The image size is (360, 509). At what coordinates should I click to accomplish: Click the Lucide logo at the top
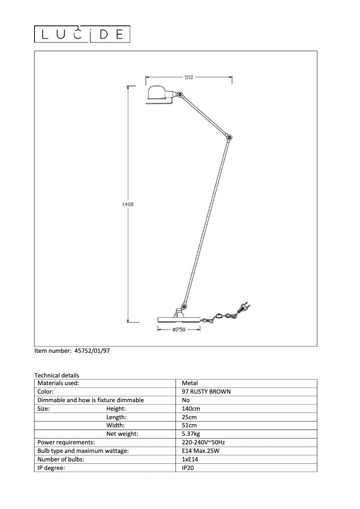point(83,34)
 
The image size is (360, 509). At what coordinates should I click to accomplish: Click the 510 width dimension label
point(189,77)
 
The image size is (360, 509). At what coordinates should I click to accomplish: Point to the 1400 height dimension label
point(128,204)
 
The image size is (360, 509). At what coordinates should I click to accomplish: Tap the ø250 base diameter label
point(179,329)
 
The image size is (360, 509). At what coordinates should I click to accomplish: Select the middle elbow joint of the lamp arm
point(229,137)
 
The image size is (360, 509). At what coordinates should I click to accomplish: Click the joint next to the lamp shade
point(180,95)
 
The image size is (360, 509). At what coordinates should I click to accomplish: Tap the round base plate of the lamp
point(179,319)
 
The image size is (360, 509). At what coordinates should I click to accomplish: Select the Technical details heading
point(57,375)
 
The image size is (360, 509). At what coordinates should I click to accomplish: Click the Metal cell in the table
point(190,383)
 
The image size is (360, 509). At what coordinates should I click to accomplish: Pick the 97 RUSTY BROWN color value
point(206,391)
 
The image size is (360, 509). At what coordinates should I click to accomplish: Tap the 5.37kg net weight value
point(191,434)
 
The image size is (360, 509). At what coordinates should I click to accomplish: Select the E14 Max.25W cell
point(200,451)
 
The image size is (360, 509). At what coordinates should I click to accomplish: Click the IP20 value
point(188,468)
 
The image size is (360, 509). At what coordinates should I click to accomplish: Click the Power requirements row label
point(66,442)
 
